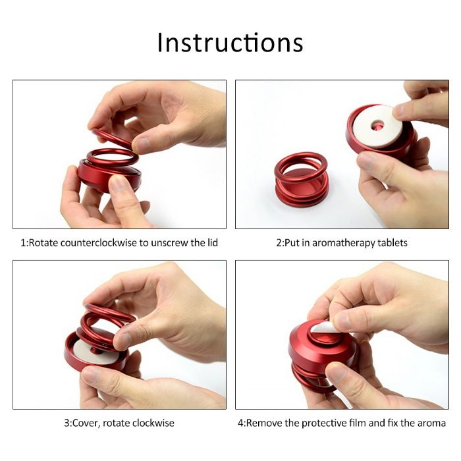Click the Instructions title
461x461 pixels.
pyautogui.click(x=230, y=43)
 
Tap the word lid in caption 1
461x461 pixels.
pyautogui.click(x=212, y=242)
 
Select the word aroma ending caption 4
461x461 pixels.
pyautogui.click(x=433, y=423)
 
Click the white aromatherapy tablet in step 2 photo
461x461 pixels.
pyautogui.click(x=377, y=126)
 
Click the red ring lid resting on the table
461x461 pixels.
pyautogui.click(x=301, y=179)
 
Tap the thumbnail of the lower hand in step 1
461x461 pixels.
pyautogui.click(x=119, y=184)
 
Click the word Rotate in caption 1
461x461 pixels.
pyautogui.click(x=43, y=243)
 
